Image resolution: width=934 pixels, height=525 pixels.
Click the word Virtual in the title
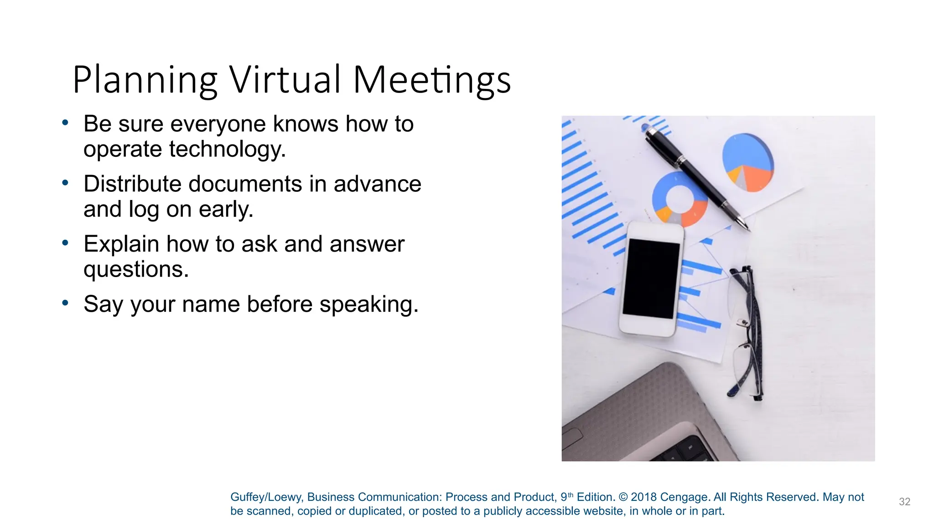coord(285,80)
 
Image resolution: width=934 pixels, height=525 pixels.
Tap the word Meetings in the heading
coord(431,80)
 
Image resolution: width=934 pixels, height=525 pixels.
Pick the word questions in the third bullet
coord(135,269)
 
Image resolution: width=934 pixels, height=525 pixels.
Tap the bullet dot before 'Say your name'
coord(66,303)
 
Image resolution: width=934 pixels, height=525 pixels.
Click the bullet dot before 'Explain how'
coord(66,242)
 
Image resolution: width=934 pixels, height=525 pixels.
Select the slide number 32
coord(904,502)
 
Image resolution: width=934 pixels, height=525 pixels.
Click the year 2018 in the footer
coord(643,497)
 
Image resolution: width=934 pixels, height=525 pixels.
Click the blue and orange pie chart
coord(748,162)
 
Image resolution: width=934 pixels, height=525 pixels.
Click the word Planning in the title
coord(145,80)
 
